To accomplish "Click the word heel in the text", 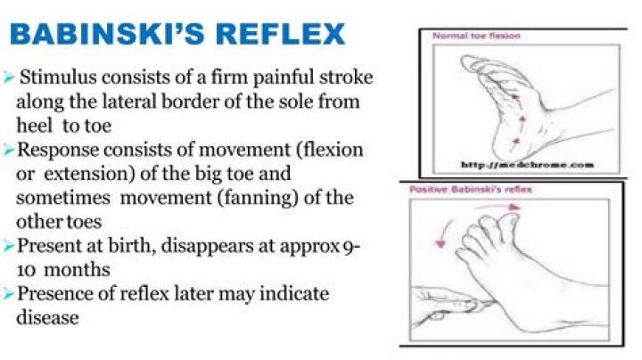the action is click(35, 125).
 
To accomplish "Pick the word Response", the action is click(58, 150).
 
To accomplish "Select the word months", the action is click(77, 270).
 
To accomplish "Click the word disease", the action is click(47, 317).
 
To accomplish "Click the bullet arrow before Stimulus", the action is click(9, 77).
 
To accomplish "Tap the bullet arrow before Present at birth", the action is click(9, 245).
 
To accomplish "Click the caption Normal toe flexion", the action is click(476, 36).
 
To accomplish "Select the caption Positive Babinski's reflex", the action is click(471, 190).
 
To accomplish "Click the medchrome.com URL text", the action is click(527, 165).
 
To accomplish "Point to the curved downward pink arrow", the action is click(445, 233).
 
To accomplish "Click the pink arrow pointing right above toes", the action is click(497, 208).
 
